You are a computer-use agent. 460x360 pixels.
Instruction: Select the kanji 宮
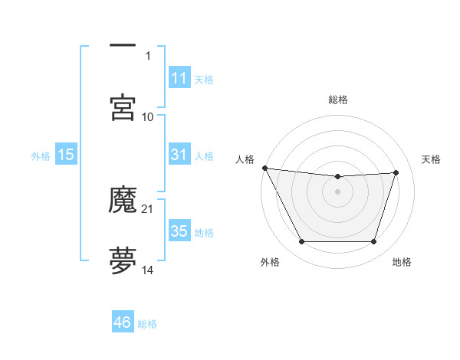(123, 107)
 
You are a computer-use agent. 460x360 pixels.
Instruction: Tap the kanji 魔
(123, 200)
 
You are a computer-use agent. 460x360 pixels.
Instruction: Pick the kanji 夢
(123, 260)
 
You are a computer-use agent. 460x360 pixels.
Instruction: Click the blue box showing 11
(179, 78)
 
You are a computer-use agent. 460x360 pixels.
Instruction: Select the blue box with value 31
(179, 155)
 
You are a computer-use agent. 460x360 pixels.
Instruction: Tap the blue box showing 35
(179, 231)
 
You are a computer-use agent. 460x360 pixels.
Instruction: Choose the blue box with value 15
(66, 155)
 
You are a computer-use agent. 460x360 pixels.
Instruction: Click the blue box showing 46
(123, 322)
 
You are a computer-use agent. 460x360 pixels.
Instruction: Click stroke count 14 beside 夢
(148, 270)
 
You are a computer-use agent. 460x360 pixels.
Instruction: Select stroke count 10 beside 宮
(148, 116)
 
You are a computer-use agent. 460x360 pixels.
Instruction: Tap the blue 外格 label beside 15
(41, 155)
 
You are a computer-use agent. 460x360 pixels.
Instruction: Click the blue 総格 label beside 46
(147, 324)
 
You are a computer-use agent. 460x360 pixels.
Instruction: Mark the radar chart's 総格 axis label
(338, 100)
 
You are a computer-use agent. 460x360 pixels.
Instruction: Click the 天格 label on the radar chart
(431, 159)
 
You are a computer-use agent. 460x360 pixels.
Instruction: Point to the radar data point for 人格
(264, 168)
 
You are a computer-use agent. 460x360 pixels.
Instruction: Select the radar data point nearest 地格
(373, 242)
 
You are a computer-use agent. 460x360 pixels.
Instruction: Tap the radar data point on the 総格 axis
(337, 177)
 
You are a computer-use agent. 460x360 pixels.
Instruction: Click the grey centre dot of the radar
(337, 191)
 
